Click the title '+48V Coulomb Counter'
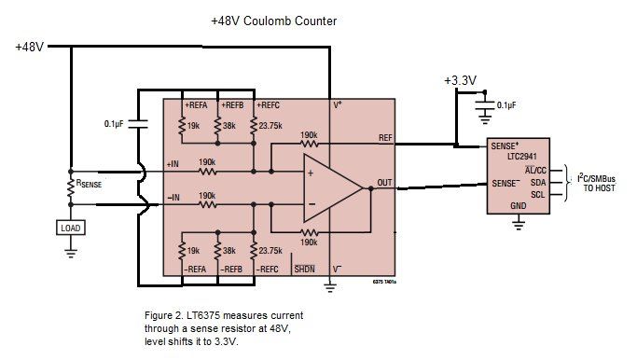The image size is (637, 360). point(273,21)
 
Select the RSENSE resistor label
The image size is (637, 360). point(95,184)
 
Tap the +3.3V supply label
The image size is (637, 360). point(461,80)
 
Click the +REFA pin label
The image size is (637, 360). point(198,105)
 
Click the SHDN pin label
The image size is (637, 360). point(304,269)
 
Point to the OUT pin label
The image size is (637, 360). point(384,183)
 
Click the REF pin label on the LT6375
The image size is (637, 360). point(384,138)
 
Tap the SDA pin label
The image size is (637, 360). point(538,182)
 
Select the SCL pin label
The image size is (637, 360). point(538,195)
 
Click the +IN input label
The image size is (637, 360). point(173,164)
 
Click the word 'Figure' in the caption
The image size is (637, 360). point(160,315)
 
